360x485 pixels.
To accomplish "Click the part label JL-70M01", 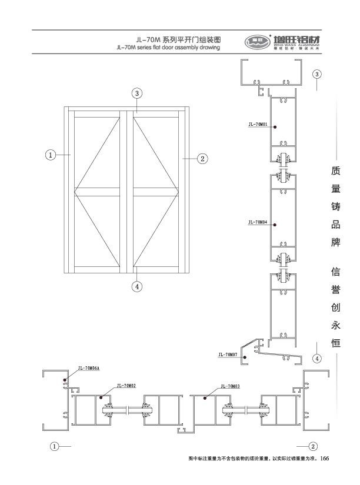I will click(258, 125).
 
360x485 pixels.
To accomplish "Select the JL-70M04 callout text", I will click(258, 223).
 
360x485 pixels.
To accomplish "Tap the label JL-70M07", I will click(227, 354).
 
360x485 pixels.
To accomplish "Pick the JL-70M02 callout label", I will click(126, 386).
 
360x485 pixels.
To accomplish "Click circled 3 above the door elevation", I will click(136, 93).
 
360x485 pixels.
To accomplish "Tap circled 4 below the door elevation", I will click(136, 287).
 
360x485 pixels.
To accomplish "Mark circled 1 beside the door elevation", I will click(51, 155).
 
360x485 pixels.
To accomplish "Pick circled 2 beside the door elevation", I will click(202, 158).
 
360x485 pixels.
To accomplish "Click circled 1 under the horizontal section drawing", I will click(55, 446).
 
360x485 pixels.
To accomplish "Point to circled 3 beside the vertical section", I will click(317, 74).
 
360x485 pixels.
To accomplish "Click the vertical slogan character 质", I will click(336, 171).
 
